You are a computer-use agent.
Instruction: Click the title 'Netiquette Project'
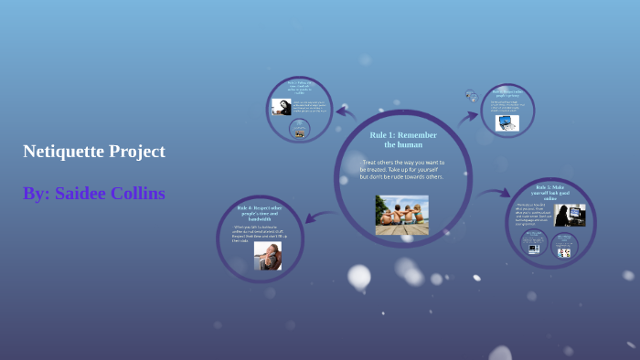(x=94, y=152)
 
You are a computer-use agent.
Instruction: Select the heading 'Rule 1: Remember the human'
(x=402, y=140)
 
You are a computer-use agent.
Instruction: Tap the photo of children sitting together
(x=401, y=215)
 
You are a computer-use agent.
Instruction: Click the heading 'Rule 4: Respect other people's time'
(x=259, y=214)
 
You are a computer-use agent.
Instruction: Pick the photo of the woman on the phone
(x=267, y=256)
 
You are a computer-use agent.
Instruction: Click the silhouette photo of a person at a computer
(x=570, y=216)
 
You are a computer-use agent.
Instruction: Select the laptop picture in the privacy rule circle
(x=507, y=122)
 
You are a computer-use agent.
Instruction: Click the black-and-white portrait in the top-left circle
(x=282, y=107)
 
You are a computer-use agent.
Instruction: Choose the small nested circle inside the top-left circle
(x=299, y=130)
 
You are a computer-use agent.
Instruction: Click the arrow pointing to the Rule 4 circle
(x=319, y=217)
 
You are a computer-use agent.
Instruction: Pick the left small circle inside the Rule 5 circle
(x=534, y=243)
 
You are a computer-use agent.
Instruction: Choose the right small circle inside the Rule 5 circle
(x=563, y=245)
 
